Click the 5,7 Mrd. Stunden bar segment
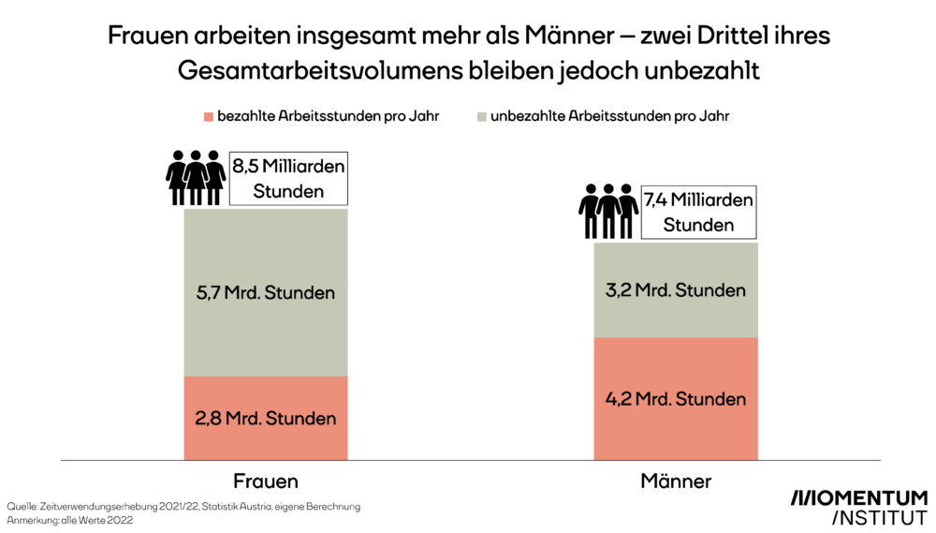pyautogui.click(x=265, y=292)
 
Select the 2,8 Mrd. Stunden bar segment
pyautogui.click(x=265, y=418)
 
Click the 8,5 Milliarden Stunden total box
pyautogui.click(x=289, y=178)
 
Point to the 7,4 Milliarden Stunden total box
pyautogui.click(x=698, y=212)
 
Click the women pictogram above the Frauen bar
pyautogui.click(x=196, y=177)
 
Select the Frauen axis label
pyautogui.click(x=265, y=481)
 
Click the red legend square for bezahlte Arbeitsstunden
pyautogui.click(x=208, y=117)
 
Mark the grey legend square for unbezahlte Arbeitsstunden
pyautogui.click(x=481, y=117)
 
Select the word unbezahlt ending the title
pyautogui.click(x=721, y=70)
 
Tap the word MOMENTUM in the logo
pyautogui.click(x=859, y=497)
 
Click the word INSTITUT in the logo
pyautogui.click(x=878, y=517)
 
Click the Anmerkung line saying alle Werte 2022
pyautogui.click(x=70, y=521)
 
